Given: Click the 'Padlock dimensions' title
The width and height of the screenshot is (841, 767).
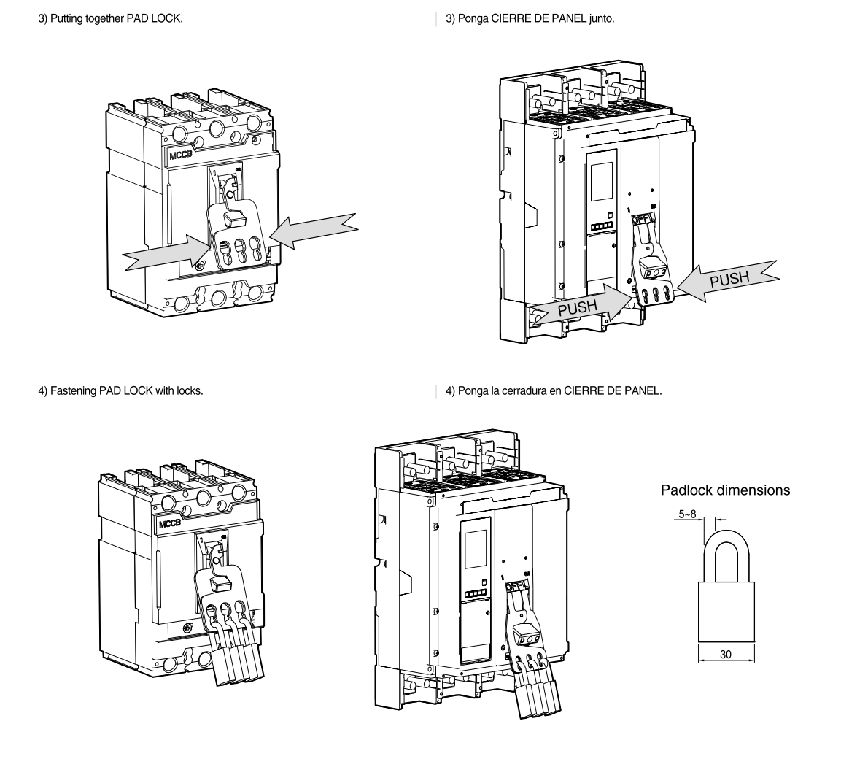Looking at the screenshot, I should coord(725,490).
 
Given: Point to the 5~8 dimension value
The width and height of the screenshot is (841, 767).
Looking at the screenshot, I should coord(687,514).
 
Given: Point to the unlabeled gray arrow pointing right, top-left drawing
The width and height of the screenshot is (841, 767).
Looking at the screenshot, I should coord(164,253).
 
